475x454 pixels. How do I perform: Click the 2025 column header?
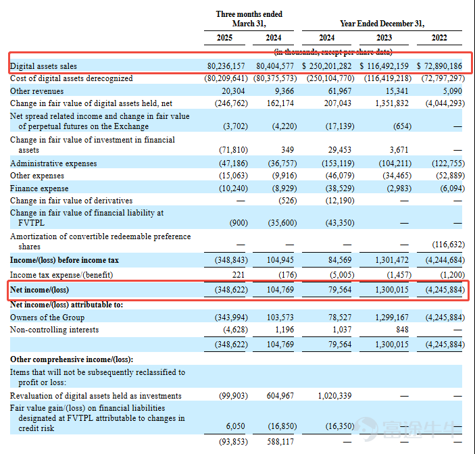coord(224,38)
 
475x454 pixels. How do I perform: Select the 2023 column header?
coord(384,38)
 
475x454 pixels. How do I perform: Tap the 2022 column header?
coord(439,38)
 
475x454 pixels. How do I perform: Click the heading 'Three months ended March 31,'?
coord(249,19)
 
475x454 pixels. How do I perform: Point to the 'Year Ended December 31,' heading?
coord(382,24)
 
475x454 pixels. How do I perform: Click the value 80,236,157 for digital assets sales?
coord(226,66)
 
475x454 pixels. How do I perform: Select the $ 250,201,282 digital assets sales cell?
coord(326,66)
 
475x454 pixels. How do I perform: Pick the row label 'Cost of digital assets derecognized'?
coord(72,78)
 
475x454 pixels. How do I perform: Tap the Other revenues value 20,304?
coord(233,91)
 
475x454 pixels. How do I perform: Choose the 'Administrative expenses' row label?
coord(53,163)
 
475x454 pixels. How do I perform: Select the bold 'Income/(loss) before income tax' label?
coord(64,260)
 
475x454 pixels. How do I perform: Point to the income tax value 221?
coord(239,275)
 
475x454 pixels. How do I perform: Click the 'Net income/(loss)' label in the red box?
coord(39,290)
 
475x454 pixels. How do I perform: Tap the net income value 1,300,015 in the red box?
coord(392,290)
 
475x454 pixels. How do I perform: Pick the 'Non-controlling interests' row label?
coord(55,330)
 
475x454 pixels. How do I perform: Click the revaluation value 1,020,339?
coord(334,396)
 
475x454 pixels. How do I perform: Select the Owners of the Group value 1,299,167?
coord(392,318)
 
